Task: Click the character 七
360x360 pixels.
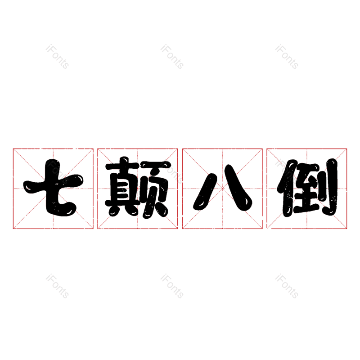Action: [53, 188]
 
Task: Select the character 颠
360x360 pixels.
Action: [138, 188]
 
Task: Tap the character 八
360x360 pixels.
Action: [222, 188]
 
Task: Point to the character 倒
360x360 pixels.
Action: [307, 188]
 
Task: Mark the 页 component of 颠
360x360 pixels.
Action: [156, 189]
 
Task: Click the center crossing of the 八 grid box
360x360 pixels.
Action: [222, 189]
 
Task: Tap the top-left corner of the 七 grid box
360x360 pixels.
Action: [13, 148]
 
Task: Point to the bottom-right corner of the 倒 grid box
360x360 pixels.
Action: [347, 229]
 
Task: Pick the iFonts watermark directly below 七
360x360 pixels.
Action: [57, 287]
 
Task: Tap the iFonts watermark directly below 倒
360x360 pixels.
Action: [287, 287]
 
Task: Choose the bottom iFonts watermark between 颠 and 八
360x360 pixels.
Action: [172, 287]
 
